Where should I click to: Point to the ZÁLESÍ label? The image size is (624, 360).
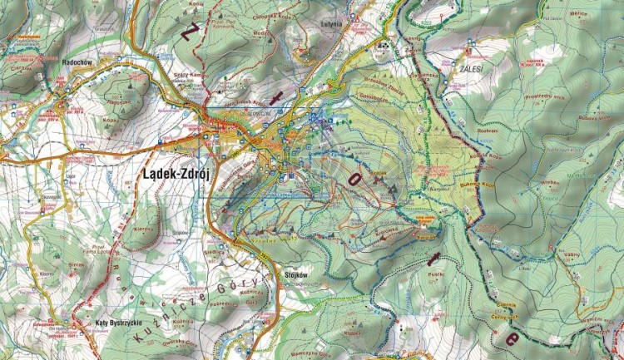(x=471, y=65)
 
